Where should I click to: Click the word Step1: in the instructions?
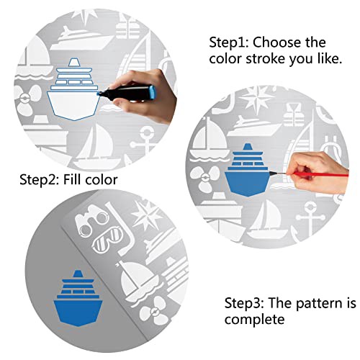(230, 42)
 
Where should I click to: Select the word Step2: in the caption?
(40, 180)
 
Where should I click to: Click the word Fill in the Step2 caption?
(72, 179)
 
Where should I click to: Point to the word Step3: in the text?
(244, 303)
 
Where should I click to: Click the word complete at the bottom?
(255, 320)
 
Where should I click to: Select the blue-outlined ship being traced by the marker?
(73, 89)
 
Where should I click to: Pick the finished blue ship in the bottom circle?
(78, 298)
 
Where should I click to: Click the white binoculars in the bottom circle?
(91, 220)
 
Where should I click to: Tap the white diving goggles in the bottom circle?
(107, 240)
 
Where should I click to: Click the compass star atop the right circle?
(257, 99)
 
